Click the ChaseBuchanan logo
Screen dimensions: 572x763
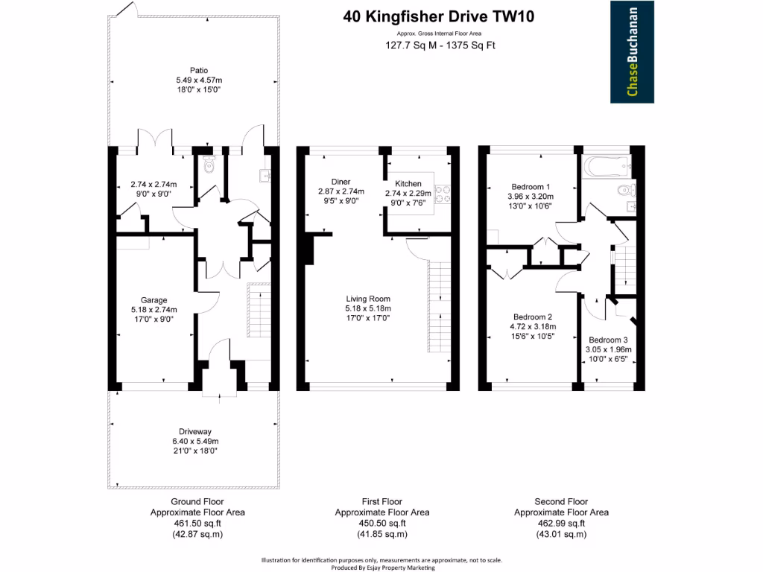[x=632, y=51]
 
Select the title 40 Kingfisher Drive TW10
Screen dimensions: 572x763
[x=439, y=16]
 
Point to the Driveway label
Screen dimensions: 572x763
[x=196, y=431]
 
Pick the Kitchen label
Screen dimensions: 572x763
[x=408, y=183]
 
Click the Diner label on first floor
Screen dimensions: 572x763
[x=341, y=182]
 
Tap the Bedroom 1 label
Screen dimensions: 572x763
[x=531, y=186]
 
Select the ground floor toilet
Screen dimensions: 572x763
[x=209, y=165]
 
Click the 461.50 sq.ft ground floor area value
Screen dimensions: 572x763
[x=197, y=523]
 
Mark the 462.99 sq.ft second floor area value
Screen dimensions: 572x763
[x=561, y=523]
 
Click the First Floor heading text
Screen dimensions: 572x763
[x=381, y=502]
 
